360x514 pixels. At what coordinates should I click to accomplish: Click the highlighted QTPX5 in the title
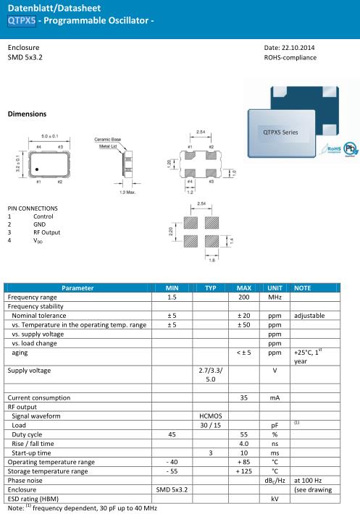tap(22, 20)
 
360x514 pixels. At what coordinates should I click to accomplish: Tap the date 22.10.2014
tap(298, 48)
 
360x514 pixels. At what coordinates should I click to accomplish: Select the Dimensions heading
tap(28, 114)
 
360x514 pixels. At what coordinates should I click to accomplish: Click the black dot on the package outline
tap(37, 169)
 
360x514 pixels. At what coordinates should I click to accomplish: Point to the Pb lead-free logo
tap(350, 149)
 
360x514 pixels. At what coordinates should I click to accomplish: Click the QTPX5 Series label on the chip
tap(280, 132)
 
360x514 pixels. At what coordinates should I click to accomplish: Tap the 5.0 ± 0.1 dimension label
tap(49, 136)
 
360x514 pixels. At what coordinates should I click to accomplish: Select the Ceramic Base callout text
tap(107, 139)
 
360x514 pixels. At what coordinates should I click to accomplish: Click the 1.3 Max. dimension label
tap(127, 192)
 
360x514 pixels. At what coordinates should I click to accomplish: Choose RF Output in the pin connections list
tap(47, 232)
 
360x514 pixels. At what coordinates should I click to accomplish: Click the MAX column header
tap(244, 288)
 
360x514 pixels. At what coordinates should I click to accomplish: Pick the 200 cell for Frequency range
tap(244, 298)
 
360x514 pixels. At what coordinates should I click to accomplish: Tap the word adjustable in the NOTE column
tap(309, 316)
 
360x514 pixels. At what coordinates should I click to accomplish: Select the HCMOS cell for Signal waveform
tap(211, 416)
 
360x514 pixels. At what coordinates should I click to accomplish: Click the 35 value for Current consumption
tap(244, 397)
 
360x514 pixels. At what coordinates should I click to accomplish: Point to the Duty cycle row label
tap(27, 434)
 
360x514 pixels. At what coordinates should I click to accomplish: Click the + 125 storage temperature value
tap(244, 471)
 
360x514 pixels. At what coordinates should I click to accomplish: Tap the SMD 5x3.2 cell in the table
tap(172, 489)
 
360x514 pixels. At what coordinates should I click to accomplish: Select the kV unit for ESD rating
tap(275, 499)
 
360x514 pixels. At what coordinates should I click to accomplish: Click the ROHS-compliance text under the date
tap(290, 58)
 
